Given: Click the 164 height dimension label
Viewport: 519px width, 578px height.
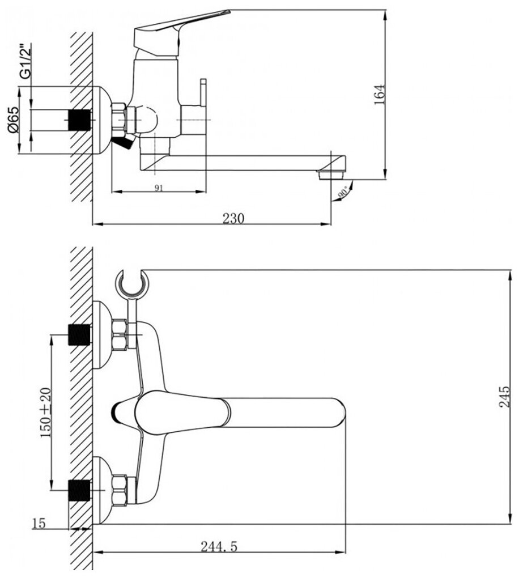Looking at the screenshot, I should pos(380,93).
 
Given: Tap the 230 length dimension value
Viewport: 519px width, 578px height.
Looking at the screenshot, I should pos(233,218).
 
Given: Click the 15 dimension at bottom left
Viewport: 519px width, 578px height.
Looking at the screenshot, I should pos(39,523).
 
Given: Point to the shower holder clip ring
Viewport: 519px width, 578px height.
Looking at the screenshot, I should pos(131,282).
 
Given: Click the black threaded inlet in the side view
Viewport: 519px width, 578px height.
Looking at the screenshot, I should pos(79,120).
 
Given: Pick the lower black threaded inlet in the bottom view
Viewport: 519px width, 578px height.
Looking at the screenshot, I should pos(79,490).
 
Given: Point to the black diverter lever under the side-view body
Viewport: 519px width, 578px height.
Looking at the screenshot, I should pos(124,143).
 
